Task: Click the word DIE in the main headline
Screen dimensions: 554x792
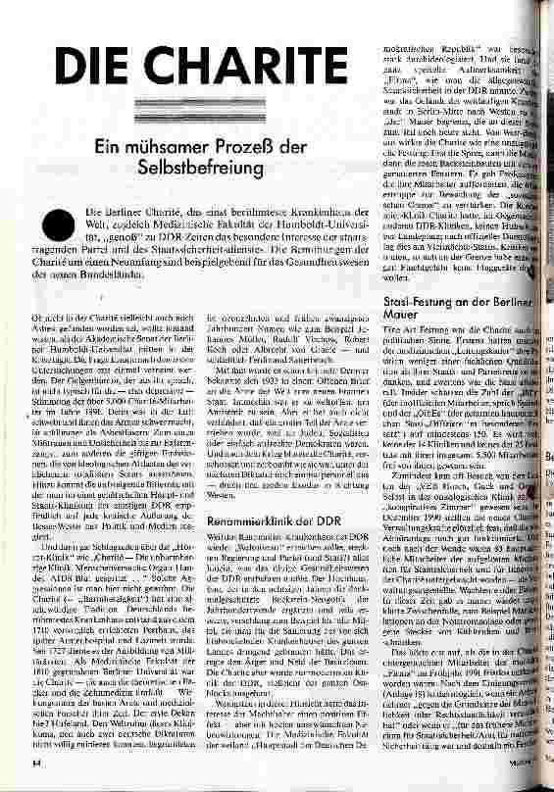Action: coord(95,69)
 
